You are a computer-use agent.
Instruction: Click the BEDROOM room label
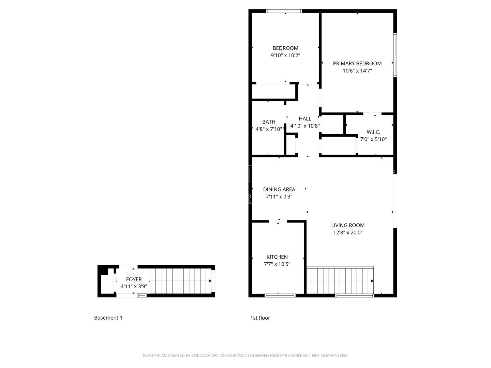coord(285,48)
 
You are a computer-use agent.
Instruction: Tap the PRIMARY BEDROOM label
coord(357,63)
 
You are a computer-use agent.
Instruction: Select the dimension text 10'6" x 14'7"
coord(357,71)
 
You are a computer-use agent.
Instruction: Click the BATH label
coord(269,122)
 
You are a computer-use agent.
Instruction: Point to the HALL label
coord(305,119)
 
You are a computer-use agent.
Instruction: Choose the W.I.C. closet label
coord(373,132)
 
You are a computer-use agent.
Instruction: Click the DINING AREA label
coord(279,189)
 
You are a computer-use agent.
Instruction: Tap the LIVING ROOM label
coord(348,225)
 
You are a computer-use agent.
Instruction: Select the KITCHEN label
coord(277,257)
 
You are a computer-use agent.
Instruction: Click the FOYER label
coord(134,279)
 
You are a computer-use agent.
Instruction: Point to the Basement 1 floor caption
coord(108,318)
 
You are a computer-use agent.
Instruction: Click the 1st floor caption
coord(260,318)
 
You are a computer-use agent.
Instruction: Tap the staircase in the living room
coord(340,280)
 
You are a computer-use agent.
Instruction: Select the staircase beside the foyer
coord(180,281)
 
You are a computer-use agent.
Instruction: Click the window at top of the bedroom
coord(284,11)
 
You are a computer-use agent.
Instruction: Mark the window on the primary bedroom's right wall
coord(395,55)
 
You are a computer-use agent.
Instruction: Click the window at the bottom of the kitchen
coord(280,295)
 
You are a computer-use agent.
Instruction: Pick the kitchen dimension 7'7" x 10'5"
coord(277,264)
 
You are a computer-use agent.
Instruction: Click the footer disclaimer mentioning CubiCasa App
coord(245,355)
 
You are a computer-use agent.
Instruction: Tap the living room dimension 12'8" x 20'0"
coord(348,233)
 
